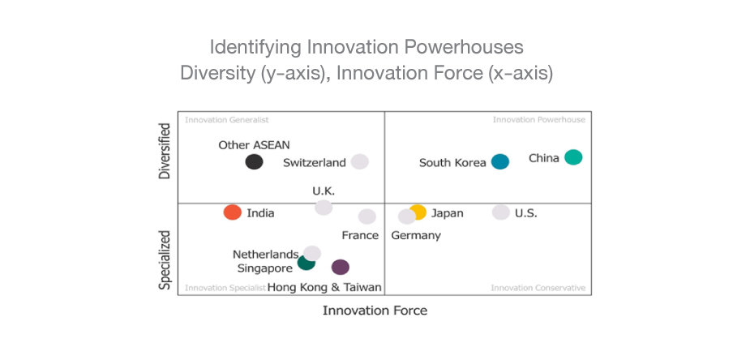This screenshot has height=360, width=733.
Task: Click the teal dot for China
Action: click(573, 157)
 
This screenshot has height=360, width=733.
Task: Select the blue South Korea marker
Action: click(500, 162)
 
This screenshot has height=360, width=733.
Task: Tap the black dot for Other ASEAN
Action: click(255, 162)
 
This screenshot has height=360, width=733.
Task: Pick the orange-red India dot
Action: click(233, 212)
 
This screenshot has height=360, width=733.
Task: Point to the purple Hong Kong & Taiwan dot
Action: click(341, 267)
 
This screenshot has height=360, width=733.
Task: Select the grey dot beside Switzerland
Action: click(359, 162)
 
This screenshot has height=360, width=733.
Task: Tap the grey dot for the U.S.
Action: click(501, 212)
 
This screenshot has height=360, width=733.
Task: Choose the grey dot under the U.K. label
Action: click(324, 207)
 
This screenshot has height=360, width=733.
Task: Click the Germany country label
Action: click(416, 235)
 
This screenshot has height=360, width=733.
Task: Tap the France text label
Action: click(360, 235)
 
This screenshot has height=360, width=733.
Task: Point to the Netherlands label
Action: click(265, 255)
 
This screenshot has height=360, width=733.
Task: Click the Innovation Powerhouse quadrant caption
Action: click(539, 120)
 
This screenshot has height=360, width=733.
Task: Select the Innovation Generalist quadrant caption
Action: click(227, 120)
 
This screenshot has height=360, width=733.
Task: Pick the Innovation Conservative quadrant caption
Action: click(538, 288)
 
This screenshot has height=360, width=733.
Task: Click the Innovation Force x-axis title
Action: click(375, 311)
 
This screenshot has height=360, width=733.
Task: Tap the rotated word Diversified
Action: click(165, 151)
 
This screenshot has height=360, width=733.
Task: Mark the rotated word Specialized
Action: click(165, 259)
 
